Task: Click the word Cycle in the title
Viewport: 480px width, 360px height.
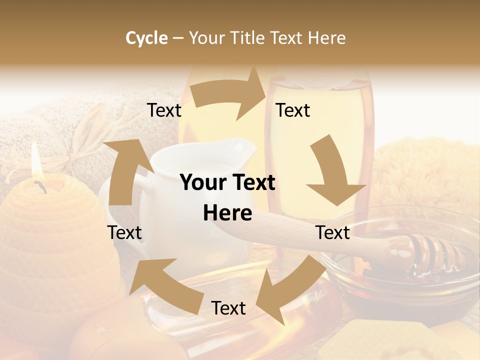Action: (x=146, y=38)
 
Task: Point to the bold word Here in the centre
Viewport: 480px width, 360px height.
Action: (x=227, y=213)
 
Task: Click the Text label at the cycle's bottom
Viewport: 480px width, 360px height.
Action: (x=228, y=308)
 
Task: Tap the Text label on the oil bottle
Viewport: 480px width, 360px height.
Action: (x=293, y=110)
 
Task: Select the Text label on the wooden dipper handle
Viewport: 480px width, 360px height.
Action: (x=333, y=232)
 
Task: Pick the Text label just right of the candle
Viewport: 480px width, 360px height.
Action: (x=124, y=232)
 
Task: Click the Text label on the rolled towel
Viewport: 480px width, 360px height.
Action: (x=164, y=110)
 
